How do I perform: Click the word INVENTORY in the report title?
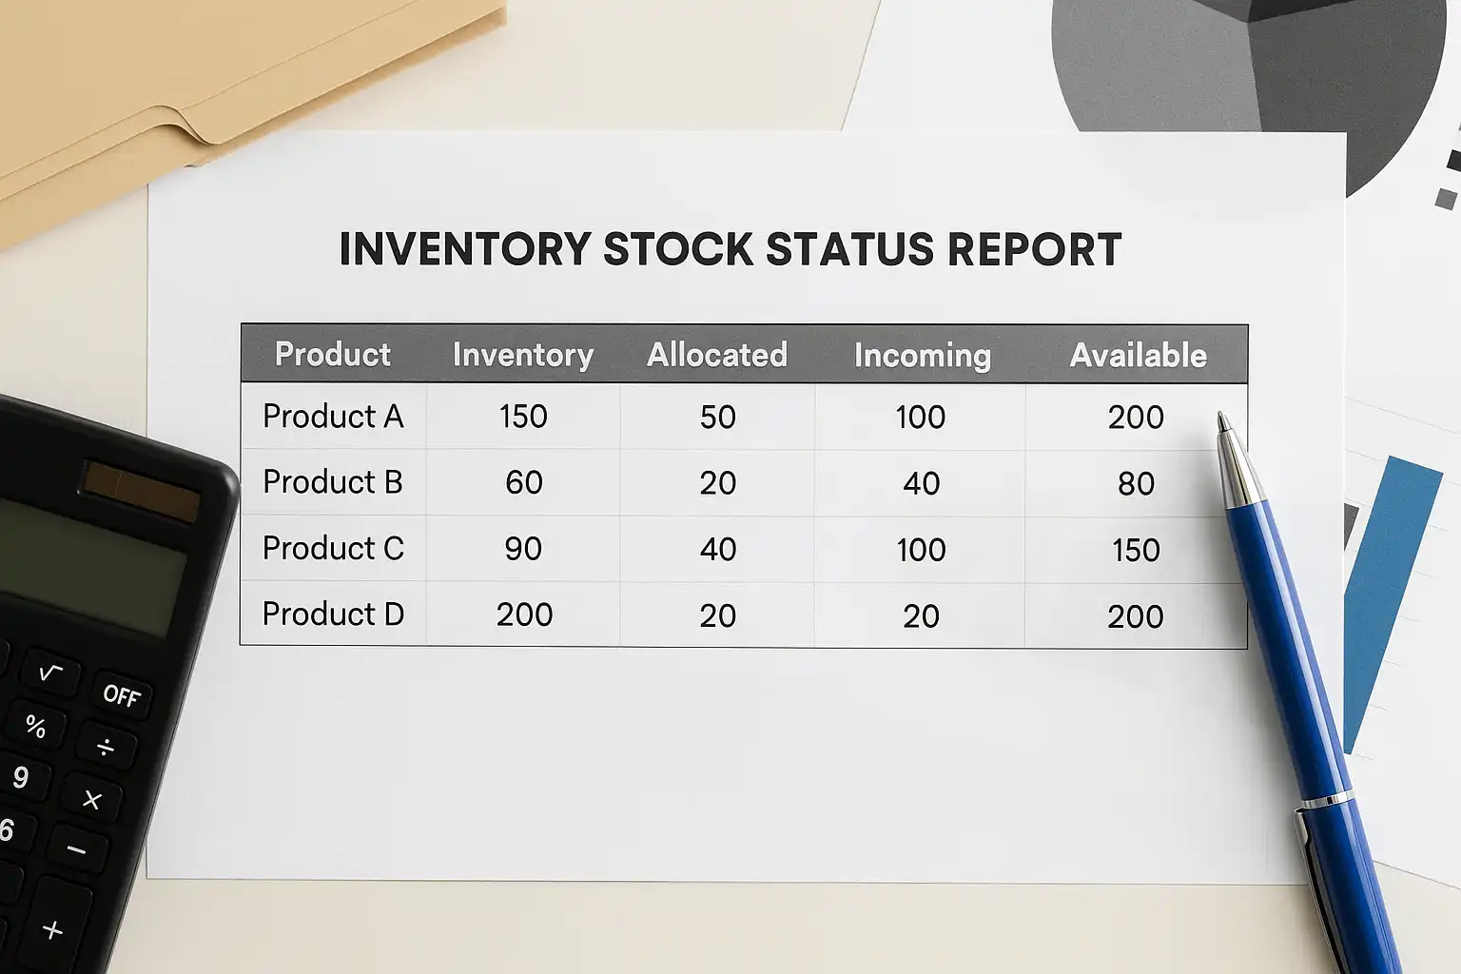465,248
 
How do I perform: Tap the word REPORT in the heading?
1035,248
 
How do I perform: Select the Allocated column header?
717,355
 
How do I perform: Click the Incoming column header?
923,356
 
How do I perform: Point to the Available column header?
1139,356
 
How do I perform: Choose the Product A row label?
333,417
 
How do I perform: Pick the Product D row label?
333,614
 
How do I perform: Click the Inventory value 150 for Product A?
523,417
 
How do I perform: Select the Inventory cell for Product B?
523,482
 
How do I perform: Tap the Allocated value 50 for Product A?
717,417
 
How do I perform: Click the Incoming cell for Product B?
921,483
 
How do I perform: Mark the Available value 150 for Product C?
1136,550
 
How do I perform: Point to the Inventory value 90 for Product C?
523,549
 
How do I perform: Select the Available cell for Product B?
1137,484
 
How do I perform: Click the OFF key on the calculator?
122,695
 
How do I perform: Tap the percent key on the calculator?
36,726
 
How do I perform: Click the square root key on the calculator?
49,672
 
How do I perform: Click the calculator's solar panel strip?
140,492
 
